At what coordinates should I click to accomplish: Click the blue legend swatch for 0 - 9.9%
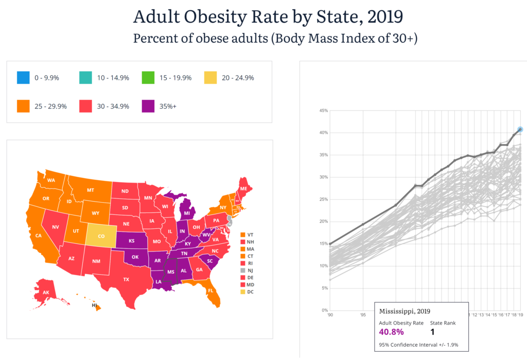[x=22, y=78]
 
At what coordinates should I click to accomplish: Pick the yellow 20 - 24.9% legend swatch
[x=211, y=78]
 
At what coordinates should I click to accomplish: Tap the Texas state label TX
[x=126, y=279]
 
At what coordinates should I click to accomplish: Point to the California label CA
[x=39, y=236]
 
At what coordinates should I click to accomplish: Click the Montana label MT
[x=91, y=190]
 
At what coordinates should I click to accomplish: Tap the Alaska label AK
[x=46, y=293]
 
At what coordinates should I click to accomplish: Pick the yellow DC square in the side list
[x=242, y=292]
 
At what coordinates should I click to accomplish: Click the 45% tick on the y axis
[x=323, y=111]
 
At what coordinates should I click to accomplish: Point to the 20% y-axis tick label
[x=323, y=222]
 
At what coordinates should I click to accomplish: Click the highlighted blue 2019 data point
[x=520, y=129]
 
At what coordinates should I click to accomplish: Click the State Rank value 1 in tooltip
[x=432, y=332]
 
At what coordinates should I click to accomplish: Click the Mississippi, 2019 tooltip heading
[x=405, y=312]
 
